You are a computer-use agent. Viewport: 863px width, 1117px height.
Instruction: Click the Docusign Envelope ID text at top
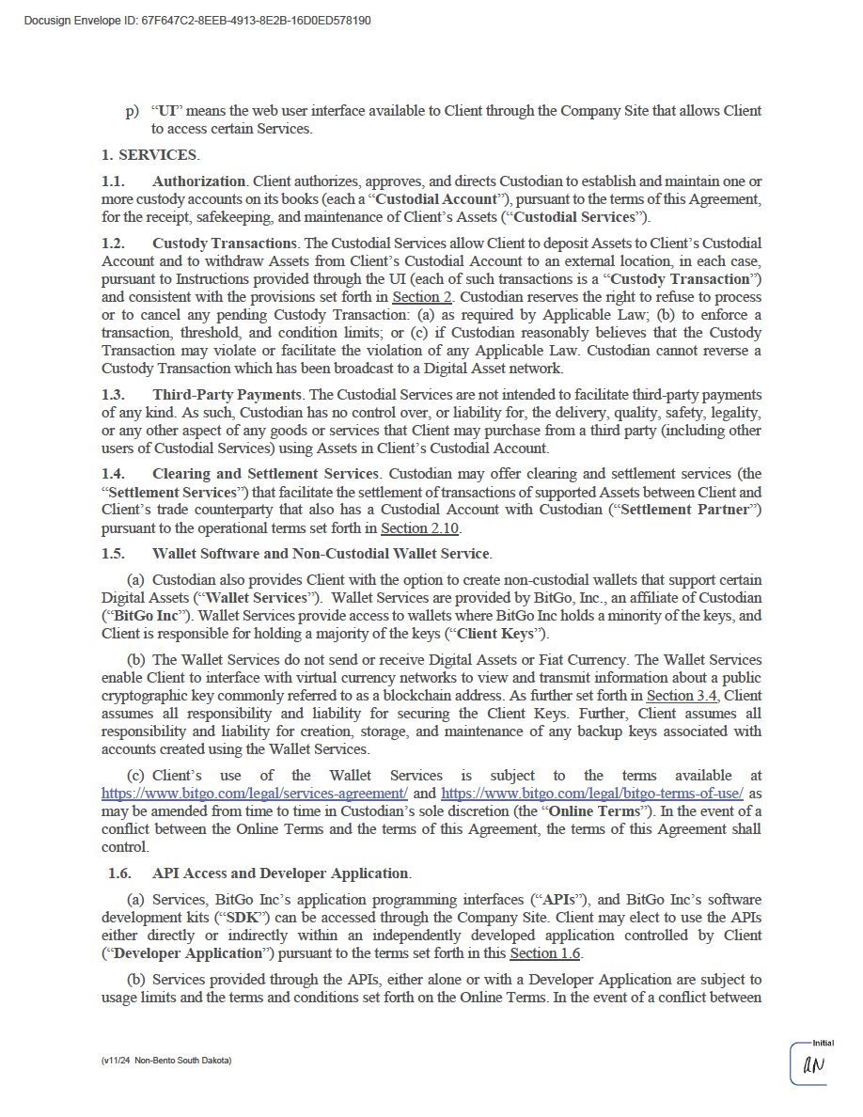(x=196, y=20)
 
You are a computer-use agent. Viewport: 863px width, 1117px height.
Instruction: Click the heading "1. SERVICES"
(x=149, y=155)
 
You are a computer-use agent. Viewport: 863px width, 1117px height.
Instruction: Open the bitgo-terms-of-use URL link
(x=592, y=794)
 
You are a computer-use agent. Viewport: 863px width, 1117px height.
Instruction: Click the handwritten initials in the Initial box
(x=813, y=1065)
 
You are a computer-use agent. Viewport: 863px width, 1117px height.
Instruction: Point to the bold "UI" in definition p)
(x=168, y=111)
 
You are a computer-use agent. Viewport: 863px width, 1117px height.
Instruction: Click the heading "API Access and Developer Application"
(x=281, y=873)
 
